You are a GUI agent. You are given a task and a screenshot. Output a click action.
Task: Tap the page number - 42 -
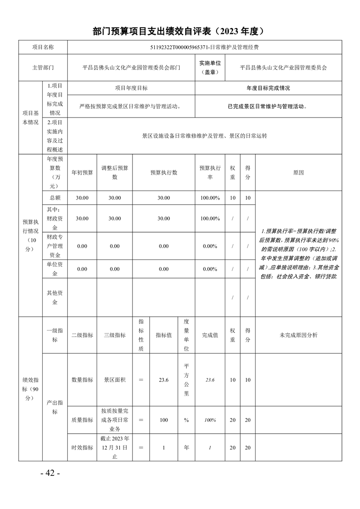pos(50,473)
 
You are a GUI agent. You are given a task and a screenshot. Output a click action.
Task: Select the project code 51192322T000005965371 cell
pos(204,47)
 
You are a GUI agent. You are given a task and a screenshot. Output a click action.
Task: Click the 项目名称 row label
pos(43,47)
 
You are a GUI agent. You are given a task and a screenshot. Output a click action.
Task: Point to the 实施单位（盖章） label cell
pos(210,68)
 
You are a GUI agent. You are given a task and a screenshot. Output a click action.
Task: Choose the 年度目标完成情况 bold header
pos(268,88)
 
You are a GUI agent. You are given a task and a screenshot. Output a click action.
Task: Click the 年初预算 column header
pos(82,172)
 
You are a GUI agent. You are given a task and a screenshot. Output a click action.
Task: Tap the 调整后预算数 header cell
pos(114,172)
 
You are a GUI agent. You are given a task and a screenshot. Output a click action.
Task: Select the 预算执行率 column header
pos(210,172)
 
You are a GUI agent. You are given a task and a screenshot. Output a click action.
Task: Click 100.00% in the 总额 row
pos(210,198)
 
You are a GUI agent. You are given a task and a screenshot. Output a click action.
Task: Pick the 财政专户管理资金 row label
pos(54,246)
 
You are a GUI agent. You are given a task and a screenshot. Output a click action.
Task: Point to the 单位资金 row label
pos(54,269)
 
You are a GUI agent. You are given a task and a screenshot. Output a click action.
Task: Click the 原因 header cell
pos(298,172)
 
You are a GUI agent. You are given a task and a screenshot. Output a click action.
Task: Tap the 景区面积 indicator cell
pos(114,380)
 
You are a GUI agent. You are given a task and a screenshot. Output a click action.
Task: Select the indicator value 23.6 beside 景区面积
pos(164,380)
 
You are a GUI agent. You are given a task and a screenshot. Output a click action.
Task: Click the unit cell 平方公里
pos(186,380)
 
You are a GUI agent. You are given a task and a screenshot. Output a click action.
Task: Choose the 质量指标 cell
pos(82,420)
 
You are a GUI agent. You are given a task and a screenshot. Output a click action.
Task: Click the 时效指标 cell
pos(82,447)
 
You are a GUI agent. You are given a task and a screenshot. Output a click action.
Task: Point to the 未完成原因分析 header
pos(298,335)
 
